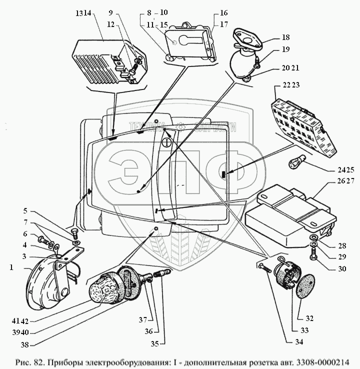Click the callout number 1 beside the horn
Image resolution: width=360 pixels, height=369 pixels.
(x=10, y=267)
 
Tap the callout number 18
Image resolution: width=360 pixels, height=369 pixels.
(x=285, y=37)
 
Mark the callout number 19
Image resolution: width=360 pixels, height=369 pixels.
(x=285, y=50)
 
